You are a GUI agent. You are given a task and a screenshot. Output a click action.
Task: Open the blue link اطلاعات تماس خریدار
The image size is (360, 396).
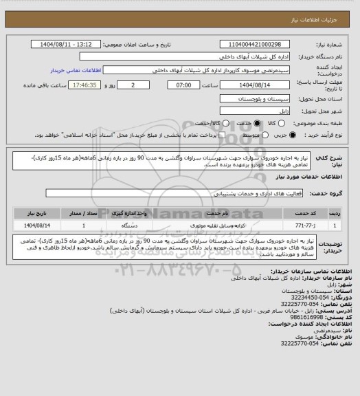pos(109,69)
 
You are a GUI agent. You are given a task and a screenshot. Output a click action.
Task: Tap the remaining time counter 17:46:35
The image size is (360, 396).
pos(69,86)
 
